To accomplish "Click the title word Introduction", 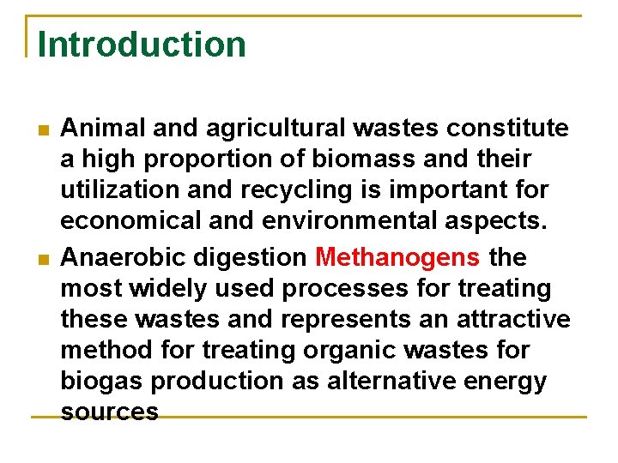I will (x=142, y=45).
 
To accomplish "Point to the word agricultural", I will (x=255, y=129).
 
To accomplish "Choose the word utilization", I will (x=114, y=190).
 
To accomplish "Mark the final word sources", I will (x=109, y=412).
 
